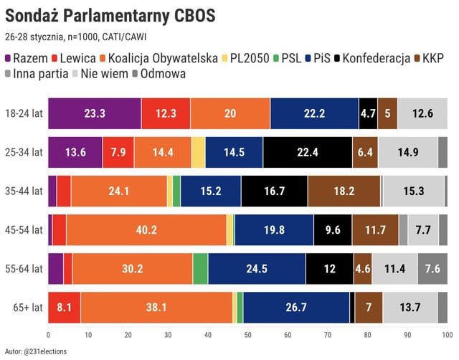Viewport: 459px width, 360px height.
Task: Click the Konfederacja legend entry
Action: click(x=373, y=57)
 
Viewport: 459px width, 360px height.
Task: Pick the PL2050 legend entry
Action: click(x=247, y=57)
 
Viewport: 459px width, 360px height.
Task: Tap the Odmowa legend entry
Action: click(x=161, y=73)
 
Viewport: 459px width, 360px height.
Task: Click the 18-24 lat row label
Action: click(x=23, y=113)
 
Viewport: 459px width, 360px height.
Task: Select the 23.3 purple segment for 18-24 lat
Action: click(x=95, y=113)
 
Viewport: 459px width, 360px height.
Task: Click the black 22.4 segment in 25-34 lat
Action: click(x=308, y=152)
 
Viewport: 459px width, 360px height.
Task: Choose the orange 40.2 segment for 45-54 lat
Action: click(x=146, y=229)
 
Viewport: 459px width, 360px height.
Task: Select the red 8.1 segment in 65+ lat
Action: click(x=64, y=307)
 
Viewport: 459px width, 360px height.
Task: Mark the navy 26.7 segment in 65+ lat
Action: click(x=296, y=307)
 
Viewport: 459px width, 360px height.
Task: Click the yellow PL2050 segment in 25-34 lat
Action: click(x=198, y=152)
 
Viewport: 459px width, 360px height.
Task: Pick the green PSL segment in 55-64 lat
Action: click(x=200, y=268)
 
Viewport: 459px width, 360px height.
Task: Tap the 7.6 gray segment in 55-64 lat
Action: click(x=432, y=268)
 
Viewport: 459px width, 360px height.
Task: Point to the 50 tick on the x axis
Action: click(x=247, y=334)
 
